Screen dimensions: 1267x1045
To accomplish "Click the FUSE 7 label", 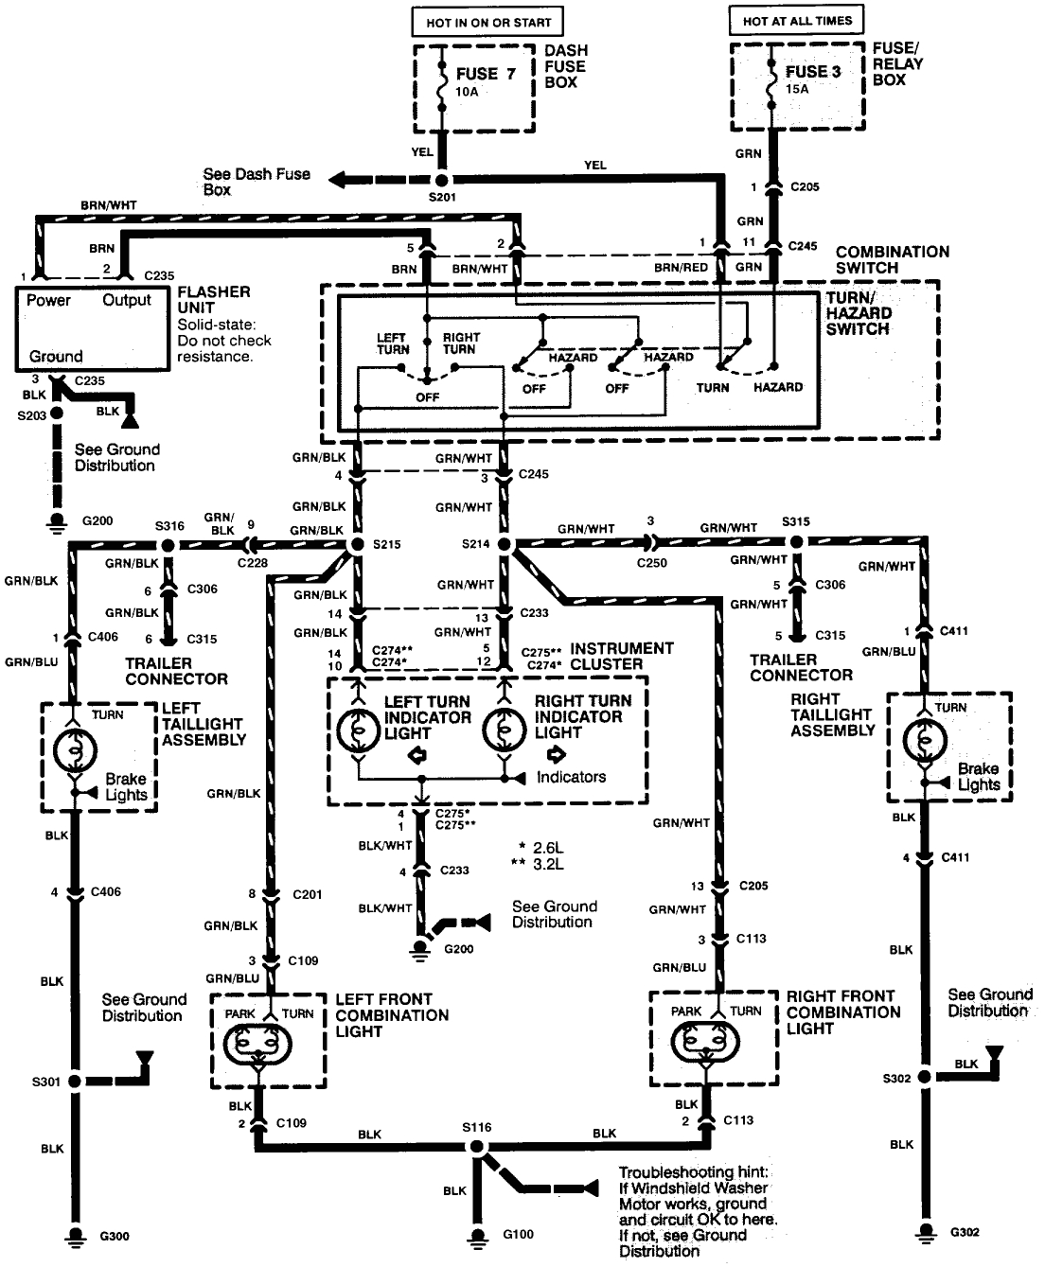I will click(486, 73).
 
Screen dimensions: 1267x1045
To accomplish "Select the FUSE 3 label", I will click(812, 71).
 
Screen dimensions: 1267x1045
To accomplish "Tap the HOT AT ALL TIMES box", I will click(797, 20).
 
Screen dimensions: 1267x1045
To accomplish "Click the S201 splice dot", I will click(442, 180).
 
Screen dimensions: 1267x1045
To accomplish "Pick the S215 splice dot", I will click(358, 545).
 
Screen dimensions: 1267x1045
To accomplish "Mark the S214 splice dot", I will click(504, 545).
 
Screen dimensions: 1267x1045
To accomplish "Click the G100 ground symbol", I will click(477, 1235).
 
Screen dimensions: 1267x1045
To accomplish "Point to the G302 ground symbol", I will click(923, 1231).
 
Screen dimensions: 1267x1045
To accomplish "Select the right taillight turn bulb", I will click(923, 738).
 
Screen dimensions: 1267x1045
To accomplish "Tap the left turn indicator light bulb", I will click(358, 730).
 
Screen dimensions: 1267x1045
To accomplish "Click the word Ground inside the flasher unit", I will click(56, 357).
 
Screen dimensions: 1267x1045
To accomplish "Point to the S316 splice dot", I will click(168, 545).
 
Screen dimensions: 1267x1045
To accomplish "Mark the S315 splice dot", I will click(796, 541).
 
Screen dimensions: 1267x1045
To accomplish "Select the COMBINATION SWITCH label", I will click(892, 259).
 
